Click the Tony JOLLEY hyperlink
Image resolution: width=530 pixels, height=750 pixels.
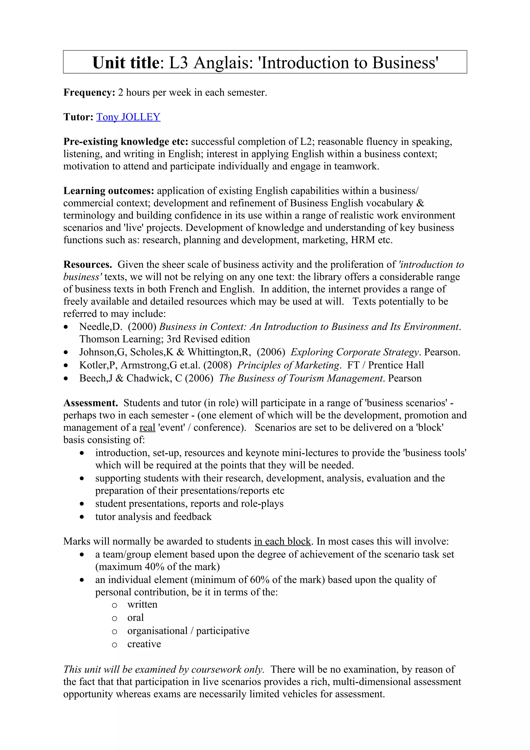[x=128, y=117]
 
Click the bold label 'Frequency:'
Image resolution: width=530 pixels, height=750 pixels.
[x=89, y=92]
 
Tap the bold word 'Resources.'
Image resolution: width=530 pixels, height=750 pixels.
[x=87, y=264]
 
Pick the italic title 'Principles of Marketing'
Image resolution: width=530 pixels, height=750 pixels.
[x=288, y=365]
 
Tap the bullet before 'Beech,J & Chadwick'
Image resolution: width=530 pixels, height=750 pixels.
[x=66, y=379]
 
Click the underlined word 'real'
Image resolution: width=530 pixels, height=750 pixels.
[x=147, y=428]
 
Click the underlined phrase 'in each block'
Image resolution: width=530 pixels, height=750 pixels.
[x=282, y=541]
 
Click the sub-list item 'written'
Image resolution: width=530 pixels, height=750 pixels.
[x=142, y=604]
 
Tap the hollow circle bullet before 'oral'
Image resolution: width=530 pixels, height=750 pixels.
[x=114, y=618]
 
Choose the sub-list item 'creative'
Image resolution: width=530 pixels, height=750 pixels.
[x=144, y=644]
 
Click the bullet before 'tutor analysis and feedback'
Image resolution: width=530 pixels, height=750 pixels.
[x=82, y=517]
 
